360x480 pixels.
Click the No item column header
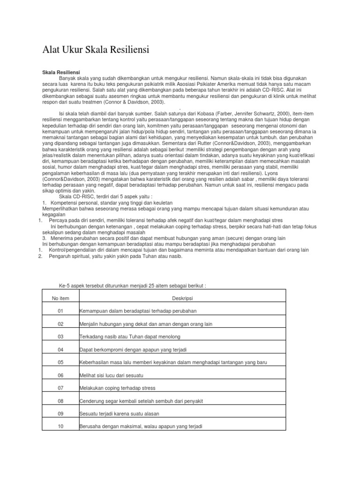coord(60,298)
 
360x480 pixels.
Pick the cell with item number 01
coord(60,311)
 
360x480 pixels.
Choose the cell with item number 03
coord(60,337)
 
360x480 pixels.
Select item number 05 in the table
coord(60,362)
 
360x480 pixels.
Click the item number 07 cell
coord(60,388)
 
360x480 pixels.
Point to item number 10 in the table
coord(60,427)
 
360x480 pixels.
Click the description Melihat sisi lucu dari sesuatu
coord(112,375)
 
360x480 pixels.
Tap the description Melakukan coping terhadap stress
coord(118,388)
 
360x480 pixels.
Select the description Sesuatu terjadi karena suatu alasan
coord(120,414)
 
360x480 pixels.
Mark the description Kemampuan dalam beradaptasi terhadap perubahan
coord(138,311)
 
